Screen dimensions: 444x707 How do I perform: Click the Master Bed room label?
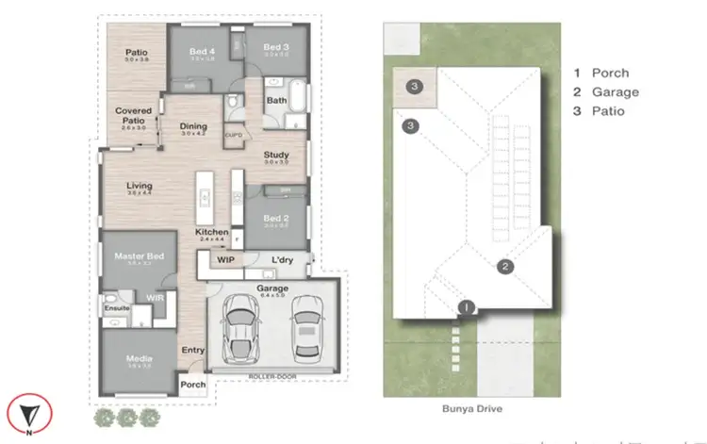coord(139,255)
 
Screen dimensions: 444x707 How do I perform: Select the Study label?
coord(275,156)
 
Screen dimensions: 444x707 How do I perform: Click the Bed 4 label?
coord(203,48)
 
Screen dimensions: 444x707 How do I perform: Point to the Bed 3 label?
coord(274,48)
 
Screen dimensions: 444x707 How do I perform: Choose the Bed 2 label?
coord(275,217)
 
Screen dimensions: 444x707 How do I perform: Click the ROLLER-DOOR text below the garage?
coord(271,376)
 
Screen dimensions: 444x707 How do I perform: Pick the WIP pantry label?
coord(225,259)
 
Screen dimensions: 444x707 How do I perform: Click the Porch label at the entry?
coord(192,384)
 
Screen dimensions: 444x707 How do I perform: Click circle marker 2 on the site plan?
coord(505,267)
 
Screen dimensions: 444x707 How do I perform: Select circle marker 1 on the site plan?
coord(466,306)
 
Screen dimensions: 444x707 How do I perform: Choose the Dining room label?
coord(193,125)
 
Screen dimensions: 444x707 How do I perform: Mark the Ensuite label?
coord(116,307)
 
